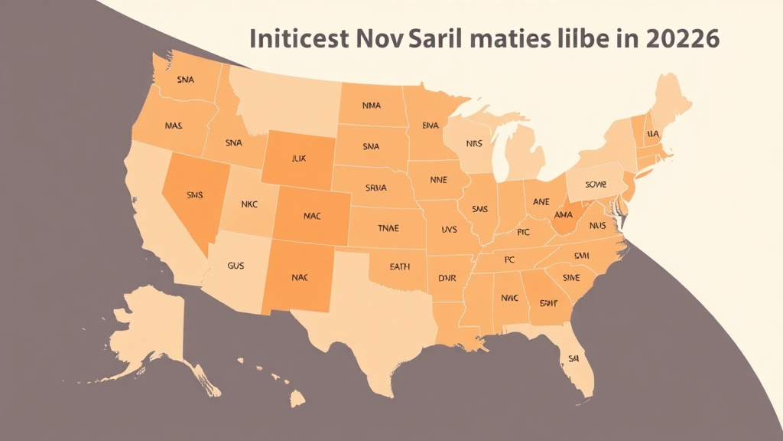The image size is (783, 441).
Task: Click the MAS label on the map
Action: pyautogui.click(x=174, y=125)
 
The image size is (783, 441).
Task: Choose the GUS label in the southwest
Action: pyautogui.click(x=237, y=266)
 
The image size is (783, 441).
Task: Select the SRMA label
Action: pyautogui.click(x=375, y=188)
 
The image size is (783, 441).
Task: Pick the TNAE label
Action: pyautogui.click(x=388, y=227)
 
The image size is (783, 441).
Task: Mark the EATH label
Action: pyautogui.click(x=399, y=266)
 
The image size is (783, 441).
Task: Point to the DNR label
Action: pyautogui.click(x=447, y=279)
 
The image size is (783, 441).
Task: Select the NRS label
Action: pyautogui.click(x=475, y=142)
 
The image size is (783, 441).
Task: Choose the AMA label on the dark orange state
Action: pyautogui.click(x=564, y=216)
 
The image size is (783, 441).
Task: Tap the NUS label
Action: pyautogui.click(x=598, y=226)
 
